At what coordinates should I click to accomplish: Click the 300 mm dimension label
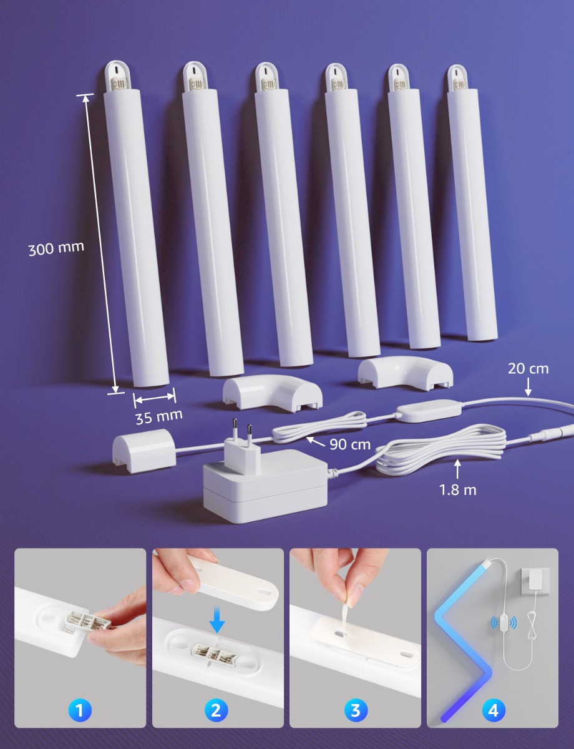coord(56,248)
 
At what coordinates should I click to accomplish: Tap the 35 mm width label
coord(159,417)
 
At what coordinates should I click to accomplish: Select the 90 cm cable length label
coord(350,444)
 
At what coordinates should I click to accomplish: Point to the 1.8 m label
coord(458,490)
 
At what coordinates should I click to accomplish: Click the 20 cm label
coord(528,369)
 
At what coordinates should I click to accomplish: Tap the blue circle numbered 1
coord(80,710)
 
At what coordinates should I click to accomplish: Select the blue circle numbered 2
coord(216,710)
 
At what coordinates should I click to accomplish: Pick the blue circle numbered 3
coord(356,710)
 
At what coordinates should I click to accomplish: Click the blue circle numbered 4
coord(494,710)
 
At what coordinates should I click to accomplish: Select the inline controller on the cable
coord(428,411)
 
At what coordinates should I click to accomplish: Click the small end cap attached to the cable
coord(144,451)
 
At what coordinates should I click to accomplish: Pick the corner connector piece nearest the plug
coord(272,393)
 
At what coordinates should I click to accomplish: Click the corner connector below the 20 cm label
coord(405,374)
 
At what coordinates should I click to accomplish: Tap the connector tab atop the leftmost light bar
coord(118,76)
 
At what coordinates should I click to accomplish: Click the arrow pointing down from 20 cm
coord(528,387)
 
